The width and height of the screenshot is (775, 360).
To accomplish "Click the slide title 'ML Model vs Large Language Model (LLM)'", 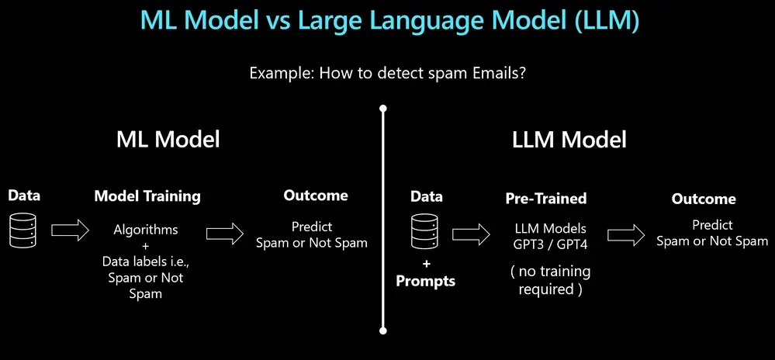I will [x=389, y=21].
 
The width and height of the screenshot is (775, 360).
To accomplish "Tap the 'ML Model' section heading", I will [x=168, y=140].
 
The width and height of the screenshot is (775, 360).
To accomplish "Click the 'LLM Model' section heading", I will [x=569, y=140].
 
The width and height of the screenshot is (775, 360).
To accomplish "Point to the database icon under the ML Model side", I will [x=23, y=230].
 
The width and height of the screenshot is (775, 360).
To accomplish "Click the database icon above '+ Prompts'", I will [x=425, y=231].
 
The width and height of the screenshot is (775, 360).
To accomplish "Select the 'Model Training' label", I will [x=147, y=196].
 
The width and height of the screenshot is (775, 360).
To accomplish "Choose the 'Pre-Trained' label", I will [x=545, y=199].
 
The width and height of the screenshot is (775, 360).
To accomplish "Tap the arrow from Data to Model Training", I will [x=69, y=230].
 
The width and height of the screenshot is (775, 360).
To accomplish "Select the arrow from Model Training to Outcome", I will [x=225, y=232].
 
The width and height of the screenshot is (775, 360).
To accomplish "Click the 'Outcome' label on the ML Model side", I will [x=315, y=196].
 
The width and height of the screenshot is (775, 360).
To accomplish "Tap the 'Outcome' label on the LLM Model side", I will [x=703, y=199].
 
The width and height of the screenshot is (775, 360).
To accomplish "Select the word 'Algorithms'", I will [x=146, y=230].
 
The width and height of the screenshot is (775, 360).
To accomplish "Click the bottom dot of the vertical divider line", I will [x=382, y=330].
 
